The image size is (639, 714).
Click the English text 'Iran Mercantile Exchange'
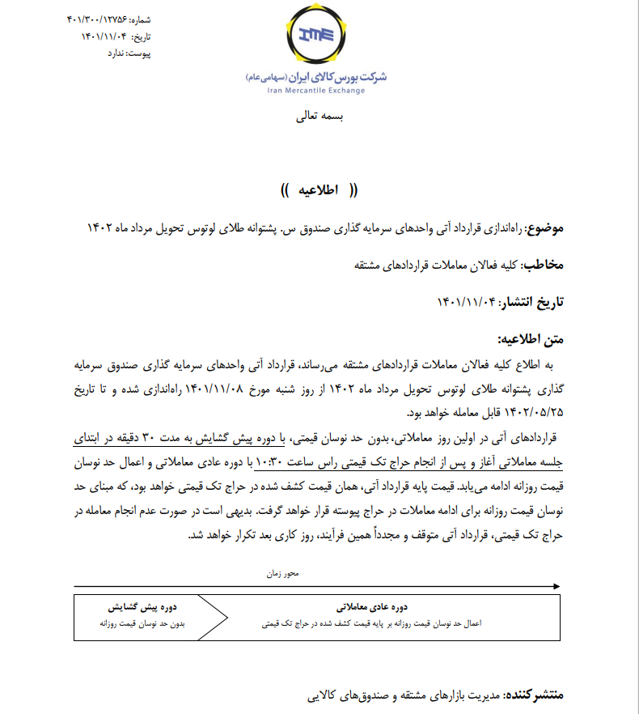click(x=315, y=90)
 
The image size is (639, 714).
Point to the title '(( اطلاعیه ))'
click(x=319, y=191)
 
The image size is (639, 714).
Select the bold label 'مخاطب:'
click(x=544, y=266)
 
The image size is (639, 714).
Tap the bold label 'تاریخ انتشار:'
click(x=531, y=302)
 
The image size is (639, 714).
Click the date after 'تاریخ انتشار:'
click(x=468, y=302)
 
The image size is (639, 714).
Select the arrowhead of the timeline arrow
click(x=557, y=586)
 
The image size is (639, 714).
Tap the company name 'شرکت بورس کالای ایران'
click(x=340, y=76)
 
